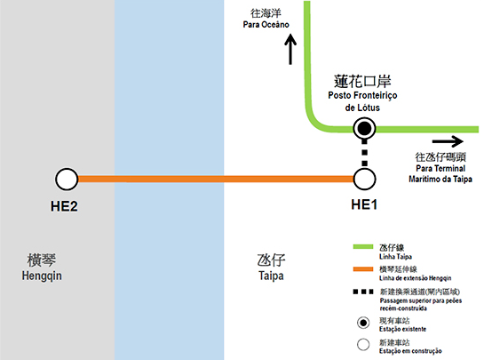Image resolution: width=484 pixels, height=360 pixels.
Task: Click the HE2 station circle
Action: pyautogui.click(x=67, y=180)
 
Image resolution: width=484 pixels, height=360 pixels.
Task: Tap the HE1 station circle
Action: pyautogui.click(x=364, y=180)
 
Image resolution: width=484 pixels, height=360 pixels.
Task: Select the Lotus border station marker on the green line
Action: pyautogui.click(x=364, y=129)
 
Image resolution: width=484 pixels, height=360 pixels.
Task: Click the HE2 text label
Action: pyautogui.click(x=64, y=206)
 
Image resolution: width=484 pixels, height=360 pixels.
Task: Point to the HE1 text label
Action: pyautogui.click(x=364, y=204)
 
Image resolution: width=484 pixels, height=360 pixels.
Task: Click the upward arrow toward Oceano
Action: pyautogui.click(x=290, y=50)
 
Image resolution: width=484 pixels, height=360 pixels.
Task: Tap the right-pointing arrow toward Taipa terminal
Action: pyautogui.click(x=448, y=141)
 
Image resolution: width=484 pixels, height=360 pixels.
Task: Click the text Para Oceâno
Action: pyautogui.click(x=266, y=24)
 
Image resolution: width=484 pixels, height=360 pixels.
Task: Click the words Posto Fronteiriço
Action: pyautogui.click(x=362, y=95)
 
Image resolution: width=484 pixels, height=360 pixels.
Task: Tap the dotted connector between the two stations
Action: pyautogui.click(x=364, y=154)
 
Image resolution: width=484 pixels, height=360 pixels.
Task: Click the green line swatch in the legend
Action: pyautogui.click(x=363, y=246)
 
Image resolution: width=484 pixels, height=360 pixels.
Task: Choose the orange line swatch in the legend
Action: pyautogui.click(x=363, y=268)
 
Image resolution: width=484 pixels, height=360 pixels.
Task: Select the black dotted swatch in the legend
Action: pyautogui.click(x=363, y=292)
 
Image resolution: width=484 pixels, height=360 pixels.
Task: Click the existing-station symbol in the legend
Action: pyautogui.click(x=363, y=323)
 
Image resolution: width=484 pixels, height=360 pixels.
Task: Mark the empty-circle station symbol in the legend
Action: pyautogui.click(x=363, y=345)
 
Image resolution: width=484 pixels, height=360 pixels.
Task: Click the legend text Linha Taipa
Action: pyautogui.click(x=395, y=257)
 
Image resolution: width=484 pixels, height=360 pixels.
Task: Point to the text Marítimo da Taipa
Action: pyautogui.click(x=440, y=180)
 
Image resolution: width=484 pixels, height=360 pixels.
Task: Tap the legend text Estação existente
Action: pyautogui.click(x=403, y=329)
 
